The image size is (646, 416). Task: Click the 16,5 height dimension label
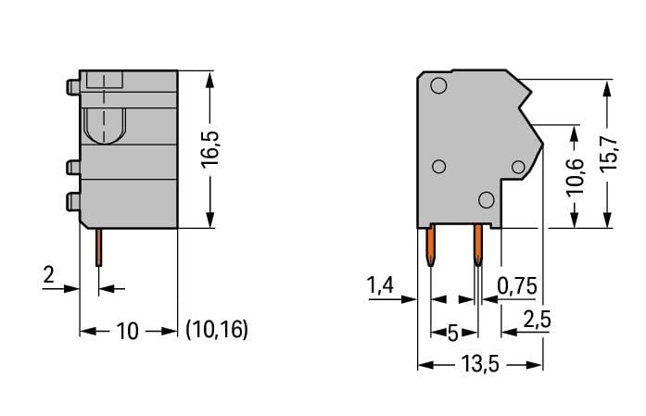(209, 149)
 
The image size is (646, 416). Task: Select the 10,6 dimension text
(576, 177)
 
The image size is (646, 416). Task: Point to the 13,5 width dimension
(480, 364)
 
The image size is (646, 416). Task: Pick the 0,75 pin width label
(517, 286)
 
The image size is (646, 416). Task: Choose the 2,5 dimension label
(537, 319)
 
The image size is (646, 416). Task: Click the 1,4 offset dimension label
(381, 285)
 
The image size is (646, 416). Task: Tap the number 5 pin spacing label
(453, 333)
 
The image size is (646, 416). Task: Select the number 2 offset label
(48, 274)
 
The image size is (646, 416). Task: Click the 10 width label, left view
(127, 331)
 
